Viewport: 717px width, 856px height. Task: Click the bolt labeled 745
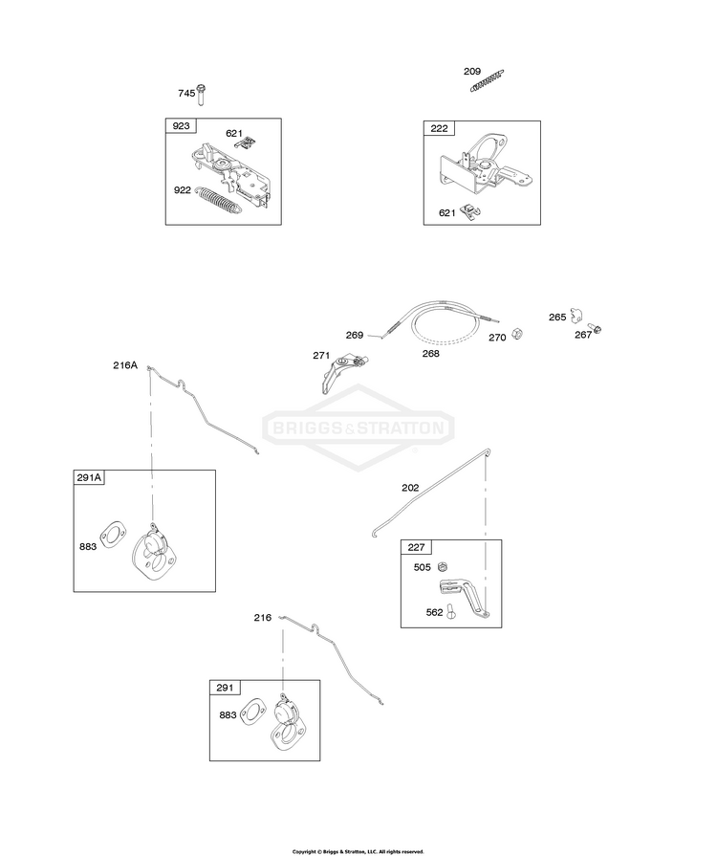click(x=201, y=95)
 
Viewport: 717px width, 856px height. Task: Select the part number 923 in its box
click(x=181, y=126)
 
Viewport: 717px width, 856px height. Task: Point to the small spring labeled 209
click(x=487, y=80)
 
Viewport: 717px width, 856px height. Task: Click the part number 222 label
click(x=439, y=128)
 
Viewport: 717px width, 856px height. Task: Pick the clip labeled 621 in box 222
click(x=469, y=211)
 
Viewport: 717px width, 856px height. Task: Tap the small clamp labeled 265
click(x=576, y=316)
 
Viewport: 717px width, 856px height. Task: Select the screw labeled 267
click(x=597, y=329)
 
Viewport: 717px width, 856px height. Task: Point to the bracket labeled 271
click(x=342, y=372)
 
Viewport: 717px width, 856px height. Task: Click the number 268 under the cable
click(x=430, y=354)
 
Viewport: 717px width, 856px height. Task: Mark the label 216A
click(x=125, y=365)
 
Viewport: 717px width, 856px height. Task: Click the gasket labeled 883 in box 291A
click(x=113, y=534)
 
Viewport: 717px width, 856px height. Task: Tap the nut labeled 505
click(x=444, y=566)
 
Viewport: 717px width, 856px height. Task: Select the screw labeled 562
click(x=450, y=611)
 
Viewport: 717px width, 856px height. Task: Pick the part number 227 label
click(x=416, y=547)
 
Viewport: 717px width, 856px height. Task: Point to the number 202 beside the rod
click(x=410, y=488)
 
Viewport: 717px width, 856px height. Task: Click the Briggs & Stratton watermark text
click(x=358, y=428)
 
